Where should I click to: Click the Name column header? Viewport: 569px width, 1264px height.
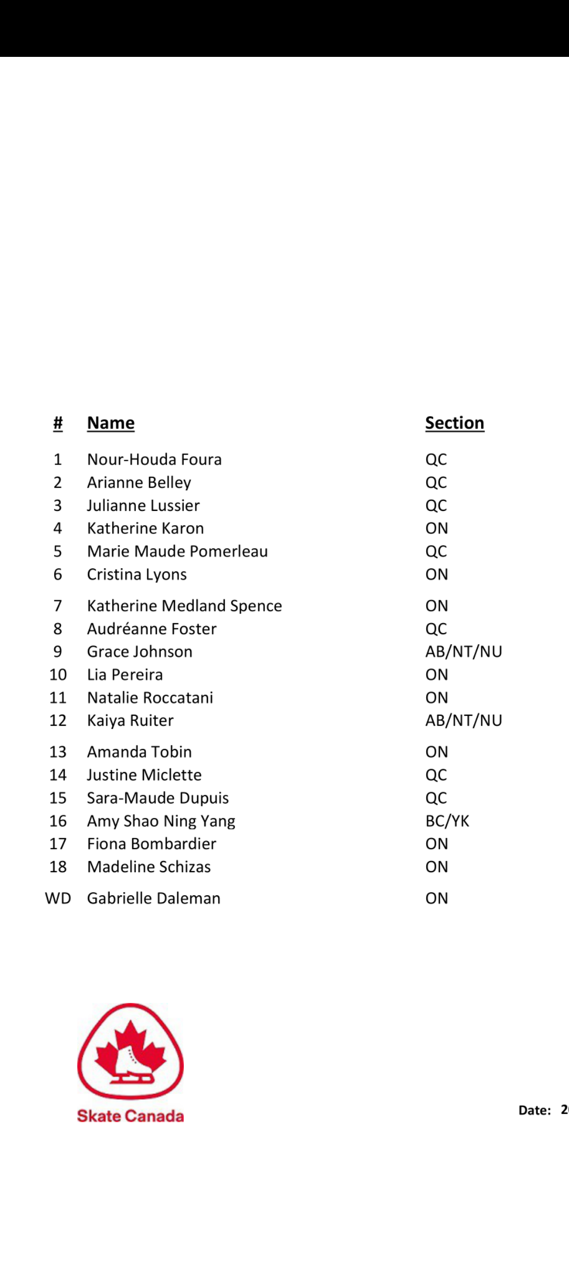tap(111, 423)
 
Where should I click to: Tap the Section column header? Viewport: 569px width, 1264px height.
tap(454, 423)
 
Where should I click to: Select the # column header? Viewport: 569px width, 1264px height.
tap(58, 423)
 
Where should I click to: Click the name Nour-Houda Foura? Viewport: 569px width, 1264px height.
tap(154, 459)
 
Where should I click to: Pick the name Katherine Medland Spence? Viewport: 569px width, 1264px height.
tap(184, 606)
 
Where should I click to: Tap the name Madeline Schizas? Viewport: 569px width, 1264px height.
tap(149, 867)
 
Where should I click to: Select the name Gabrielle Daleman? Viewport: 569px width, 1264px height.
tap(154, 898)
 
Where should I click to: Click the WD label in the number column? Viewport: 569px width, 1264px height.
tap(58, 898)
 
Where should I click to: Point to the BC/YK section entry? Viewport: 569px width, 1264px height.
tap(447, 821)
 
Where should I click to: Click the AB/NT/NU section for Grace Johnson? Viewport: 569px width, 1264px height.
tap(464, 651)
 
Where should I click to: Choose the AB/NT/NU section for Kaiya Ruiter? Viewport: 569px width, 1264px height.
tap(464, 720)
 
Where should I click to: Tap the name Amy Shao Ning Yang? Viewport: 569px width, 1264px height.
tap(161, 821)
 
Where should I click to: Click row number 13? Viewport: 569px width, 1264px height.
tap(58, 752)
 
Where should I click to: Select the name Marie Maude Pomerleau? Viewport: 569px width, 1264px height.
tap(178, 551)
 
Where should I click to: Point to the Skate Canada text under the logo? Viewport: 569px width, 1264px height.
tap(131, 1116)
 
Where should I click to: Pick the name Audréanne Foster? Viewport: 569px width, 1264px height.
tap(152, 629)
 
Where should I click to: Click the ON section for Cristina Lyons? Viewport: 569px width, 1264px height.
tap(437, 575)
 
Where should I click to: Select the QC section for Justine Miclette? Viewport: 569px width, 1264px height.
tap(436, 775)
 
